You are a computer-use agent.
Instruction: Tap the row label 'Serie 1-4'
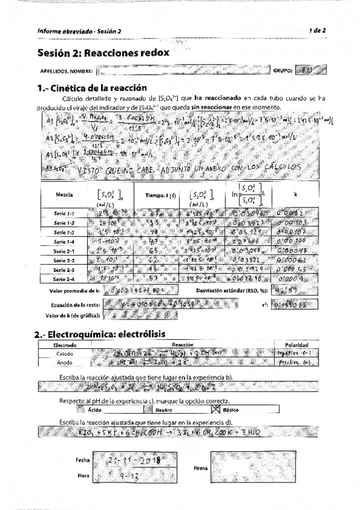click(64, 241)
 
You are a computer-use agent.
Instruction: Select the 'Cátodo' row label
click(64, 354)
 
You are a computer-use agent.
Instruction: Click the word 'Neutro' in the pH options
click(164, 410)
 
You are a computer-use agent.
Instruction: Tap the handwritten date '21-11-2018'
click(126, 460)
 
